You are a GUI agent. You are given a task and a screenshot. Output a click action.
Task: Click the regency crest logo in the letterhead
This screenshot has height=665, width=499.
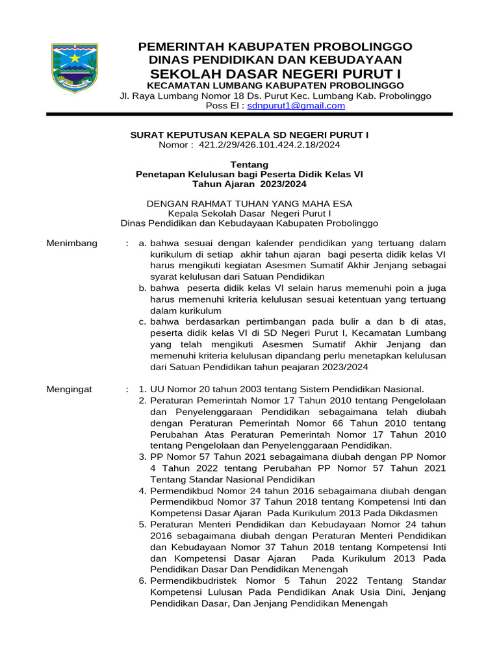[75, 68]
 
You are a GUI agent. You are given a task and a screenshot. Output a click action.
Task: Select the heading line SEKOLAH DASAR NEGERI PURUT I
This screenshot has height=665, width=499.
[275, 73]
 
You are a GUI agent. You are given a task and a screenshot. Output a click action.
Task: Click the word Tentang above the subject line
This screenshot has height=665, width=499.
[249, 164]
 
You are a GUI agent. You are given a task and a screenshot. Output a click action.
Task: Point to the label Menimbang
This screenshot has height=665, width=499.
[72, 243]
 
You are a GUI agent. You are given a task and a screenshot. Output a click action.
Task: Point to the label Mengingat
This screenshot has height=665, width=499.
[70, 389]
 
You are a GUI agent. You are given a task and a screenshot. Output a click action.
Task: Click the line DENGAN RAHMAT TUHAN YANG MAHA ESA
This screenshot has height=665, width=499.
[249, 203]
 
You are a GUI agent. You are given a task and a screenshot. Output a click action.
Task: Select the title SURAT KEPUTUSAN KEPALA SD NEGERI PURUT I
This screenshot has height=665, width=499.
[249, 134]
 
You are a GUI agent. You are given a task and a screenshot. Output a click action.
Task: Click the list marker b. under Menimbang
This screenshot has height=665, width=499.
[142, 288]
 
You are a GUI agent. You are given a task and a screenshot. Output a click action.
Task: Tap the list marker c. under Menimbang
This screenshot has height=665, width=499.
[142, 321]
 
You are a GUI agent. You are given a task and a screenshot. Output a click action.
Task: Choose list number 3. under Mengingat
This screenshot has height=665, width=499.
[142, 457]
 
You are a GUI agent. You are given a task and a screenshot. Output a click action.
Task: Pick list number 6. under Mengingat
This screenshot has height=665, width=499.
[142, 580]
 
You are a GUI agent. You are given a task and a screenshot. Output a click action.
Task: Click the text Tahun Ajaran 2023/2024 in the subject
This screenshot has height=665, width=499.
[249, 184]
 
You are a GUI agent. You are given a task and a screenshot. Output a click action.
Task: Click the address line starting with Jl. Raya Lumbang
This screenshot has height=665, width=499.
[275, 96]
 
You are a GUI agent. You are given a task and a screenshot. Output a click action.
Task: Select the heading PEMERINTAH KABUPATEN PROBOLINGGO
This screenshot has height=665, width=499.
[275, 47]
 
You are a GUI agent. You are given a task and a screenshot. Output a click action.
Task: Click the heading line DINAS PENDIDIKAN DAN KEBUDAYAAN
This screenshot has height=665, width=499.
[275, 59]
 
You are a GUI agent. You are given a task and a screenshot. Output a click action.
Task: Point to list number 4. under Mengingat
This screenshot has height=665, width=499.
[142, 491]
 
